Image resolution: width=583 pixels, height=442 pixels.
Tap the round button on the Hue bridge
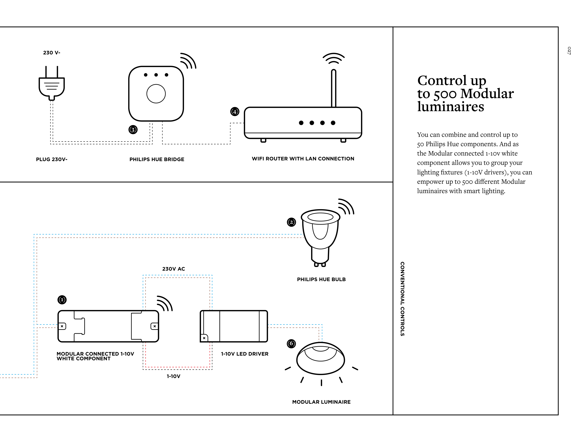156,94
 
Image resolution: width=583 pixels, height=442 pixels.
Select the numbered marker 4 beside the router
235,112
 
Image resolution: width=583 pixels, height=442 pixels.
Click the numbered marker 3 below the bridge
133,130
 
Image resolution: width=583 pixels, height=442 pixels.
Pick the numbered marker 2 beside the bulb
291,222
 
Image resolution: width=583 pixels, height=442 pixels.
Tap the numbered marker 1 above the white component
62,300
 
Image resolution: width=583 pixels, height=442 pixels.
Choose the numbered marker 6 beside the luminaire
291,343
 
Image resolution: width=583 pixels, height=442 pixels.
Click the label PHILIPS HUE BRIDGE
157,159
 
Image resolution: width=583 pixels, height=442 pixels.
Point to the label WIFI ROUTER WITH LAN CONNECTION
303,159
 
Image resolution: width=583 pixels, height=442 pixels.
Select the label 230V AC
173,269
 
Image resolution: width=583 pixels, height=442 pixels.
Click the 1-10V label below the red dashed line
173,376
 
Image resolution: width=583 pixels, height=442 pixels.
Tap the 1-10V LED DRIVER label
245,354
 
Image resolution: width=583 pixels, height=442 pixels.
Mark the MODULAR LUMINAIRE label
321,402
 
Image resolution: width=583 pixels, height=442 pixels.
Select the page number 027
569,51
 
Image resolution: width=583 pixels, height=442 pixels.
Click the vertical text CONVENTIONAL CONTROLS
402,299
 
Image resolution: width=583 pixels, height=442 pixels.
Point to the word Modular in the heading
487,94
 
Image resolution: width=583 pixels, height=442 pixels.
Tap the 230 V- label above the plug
52,53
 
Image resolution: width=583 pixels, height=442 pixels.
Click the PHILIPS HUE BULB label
321,279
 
